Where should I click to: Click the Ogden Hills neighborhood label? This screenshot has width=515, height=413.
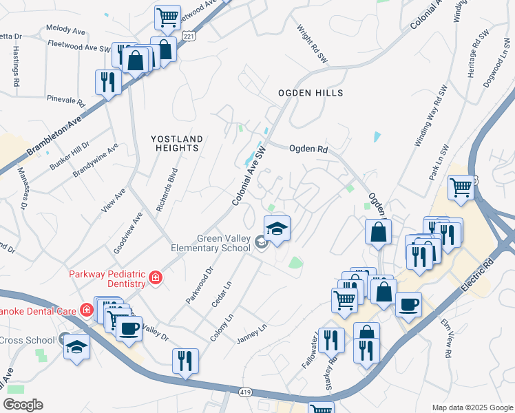[x=310, y=92]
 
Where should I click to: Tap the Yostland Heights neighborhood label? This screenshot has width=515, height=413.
[x=177, y=143]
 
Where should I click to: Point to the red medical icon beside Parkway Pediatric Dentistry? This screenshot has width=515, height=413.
[x=156, y=277]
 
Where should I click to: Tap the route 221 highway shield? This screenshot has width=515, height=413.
[x=188, y=34]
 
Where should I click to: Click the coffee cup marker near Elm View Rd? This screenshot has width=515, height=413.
[x=408, y=304]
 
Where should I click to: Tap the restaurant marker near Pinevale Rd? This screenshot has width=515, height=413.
[x=108, y=81]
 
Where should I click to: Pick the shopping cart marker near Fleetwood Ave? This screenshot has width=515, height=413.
[x=167, y=18]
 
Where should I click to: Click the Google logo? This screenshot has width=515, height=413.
[x=23, y=405]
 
